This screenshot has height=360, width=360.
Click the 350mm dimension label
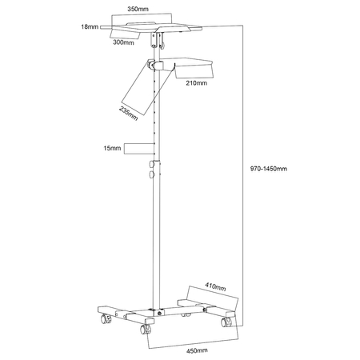pos(138,9)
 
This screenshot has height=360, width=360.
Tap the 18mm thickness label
pos(90,26)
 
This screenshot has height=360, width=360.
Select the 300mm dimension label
pos(123,42)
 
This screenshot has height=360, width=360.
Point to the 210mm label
pos(197,83)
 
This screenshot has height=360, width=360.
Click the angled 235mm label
pos(129,114)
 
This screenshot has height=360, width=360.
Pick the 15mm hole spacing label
pos(112,148)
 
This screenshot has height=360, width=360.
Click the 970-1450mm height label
pos(269,169)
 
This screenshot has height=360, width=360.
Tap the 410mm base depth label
pos(215,286)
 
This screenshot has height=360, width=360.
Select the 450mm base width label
pos(197,350)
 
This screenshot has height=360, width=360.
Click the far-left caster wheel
pos(106,318)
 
